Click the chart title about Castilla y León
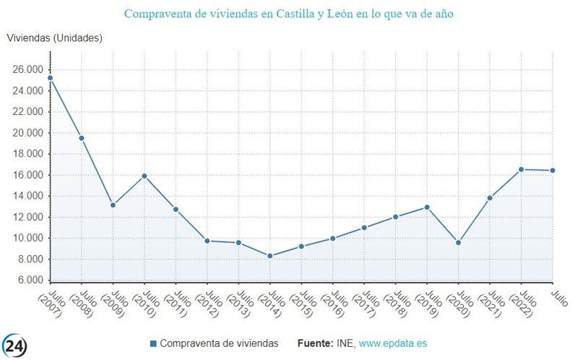pyautogui.click(x=289, y=14)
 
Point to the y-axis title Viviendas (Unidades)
pyautogui.click(x=54, y=38)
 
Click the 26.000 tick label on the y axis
pyautogui.click(x=26, y=70)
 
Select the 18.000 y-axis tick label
pyautogui.click(x=26, y=154)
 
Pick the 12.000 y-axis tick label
pyautogui.click(x=26, y=217)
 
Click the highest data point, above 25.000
pyautogui.click(x=50, y=78)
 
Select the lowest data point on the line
pyautogui.click(x=269, y=256)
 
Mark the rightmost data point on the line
pyautogui.click(x=553, y=171)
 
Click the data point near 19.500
pyautogui.click(x=82, y=138)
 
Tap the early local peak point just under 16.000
pyautogui.click(x=144, y=176)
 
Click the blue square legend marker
pyautogui.click(x=152, y=343)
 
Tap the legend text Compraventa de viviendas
pyautogui.click(x=219, y=343)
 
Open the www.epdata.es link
pyautogui.click(x=397, y=343)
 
